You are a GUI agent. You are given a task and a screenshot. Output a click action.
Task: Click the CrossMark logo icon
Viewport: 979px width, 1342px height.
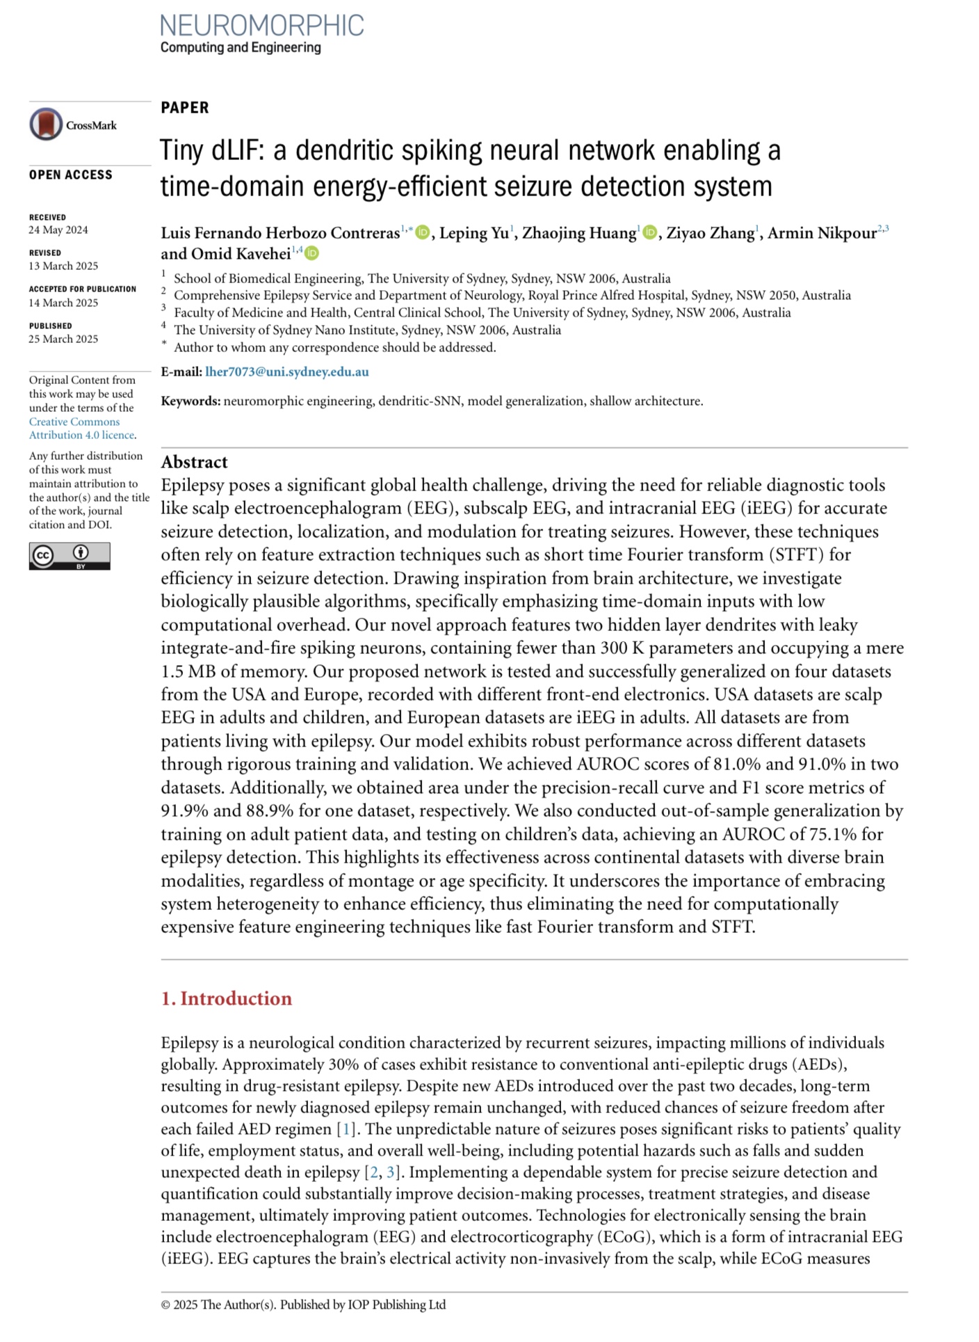46,125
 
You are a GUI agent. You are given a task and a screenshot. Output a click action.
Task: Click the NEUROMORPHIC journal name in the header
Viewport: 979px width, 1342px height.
261,26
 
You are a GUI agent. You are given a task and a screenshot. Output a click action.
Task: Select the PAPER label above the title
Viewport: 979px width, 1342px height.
185,108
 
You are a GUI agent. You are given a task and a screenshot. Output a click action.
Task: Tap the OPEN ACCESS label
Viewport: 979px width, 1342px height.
70,175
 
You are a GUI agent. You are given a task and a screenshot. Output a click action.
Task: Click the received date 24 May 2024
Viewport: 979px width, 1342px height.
58,230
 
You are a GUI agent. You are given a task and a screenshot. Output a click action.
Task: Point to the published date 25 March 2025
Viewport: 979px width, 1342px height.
63,339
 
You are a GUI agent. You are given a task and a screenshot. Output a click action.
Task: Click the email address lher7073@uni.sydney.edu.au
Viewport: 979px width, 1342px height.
287,372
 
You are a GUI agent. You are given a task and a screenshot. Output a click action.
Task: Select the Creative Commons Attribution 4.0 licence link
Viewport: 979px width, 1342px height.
81,429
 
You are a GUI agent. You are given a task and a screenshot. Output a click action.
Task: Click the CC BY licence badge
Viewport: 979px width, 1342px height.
70,556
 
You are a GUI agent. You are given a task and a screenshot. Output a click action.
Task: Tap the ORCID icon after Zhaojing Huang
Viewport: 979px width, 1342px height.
650,232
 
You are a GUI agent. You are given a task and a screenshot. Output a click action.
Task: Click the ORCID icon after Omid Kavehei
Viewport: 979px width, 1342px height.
312,253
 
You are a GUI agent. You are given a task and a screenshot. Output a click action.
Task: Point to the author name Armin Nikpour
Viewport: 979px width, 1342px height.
822,233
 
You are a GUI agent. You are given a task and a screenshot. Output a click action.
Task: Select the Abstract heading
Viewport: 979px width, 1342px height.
194,462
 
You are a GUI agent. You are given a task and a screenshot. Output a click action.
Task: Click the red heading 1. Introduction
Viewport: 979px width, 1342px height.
226,998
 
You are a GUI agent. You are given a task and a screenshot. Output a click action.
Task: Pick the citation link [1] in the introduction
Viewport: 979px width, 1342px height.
345,1129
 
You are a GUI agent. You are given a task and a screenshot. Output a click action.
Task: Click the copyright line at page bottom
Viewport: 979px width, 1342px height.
303,1304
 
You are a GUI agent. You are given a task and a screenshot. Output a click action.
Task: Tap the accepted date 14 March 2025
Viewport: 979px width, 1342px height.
63,303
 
